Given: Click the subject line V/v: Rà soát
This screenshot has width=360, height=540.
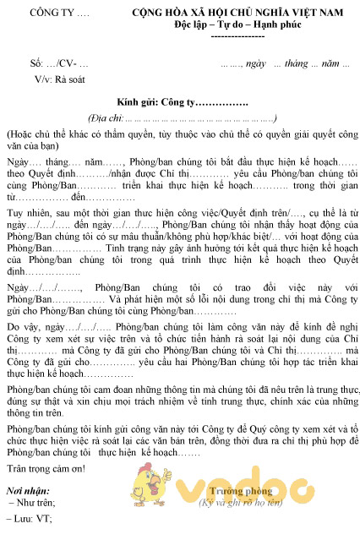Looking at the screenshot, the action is click(x=61, y=78).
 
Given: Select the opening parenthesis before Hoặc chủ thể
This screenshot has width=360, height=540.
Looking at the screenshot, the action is click(x=8, y=134).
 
